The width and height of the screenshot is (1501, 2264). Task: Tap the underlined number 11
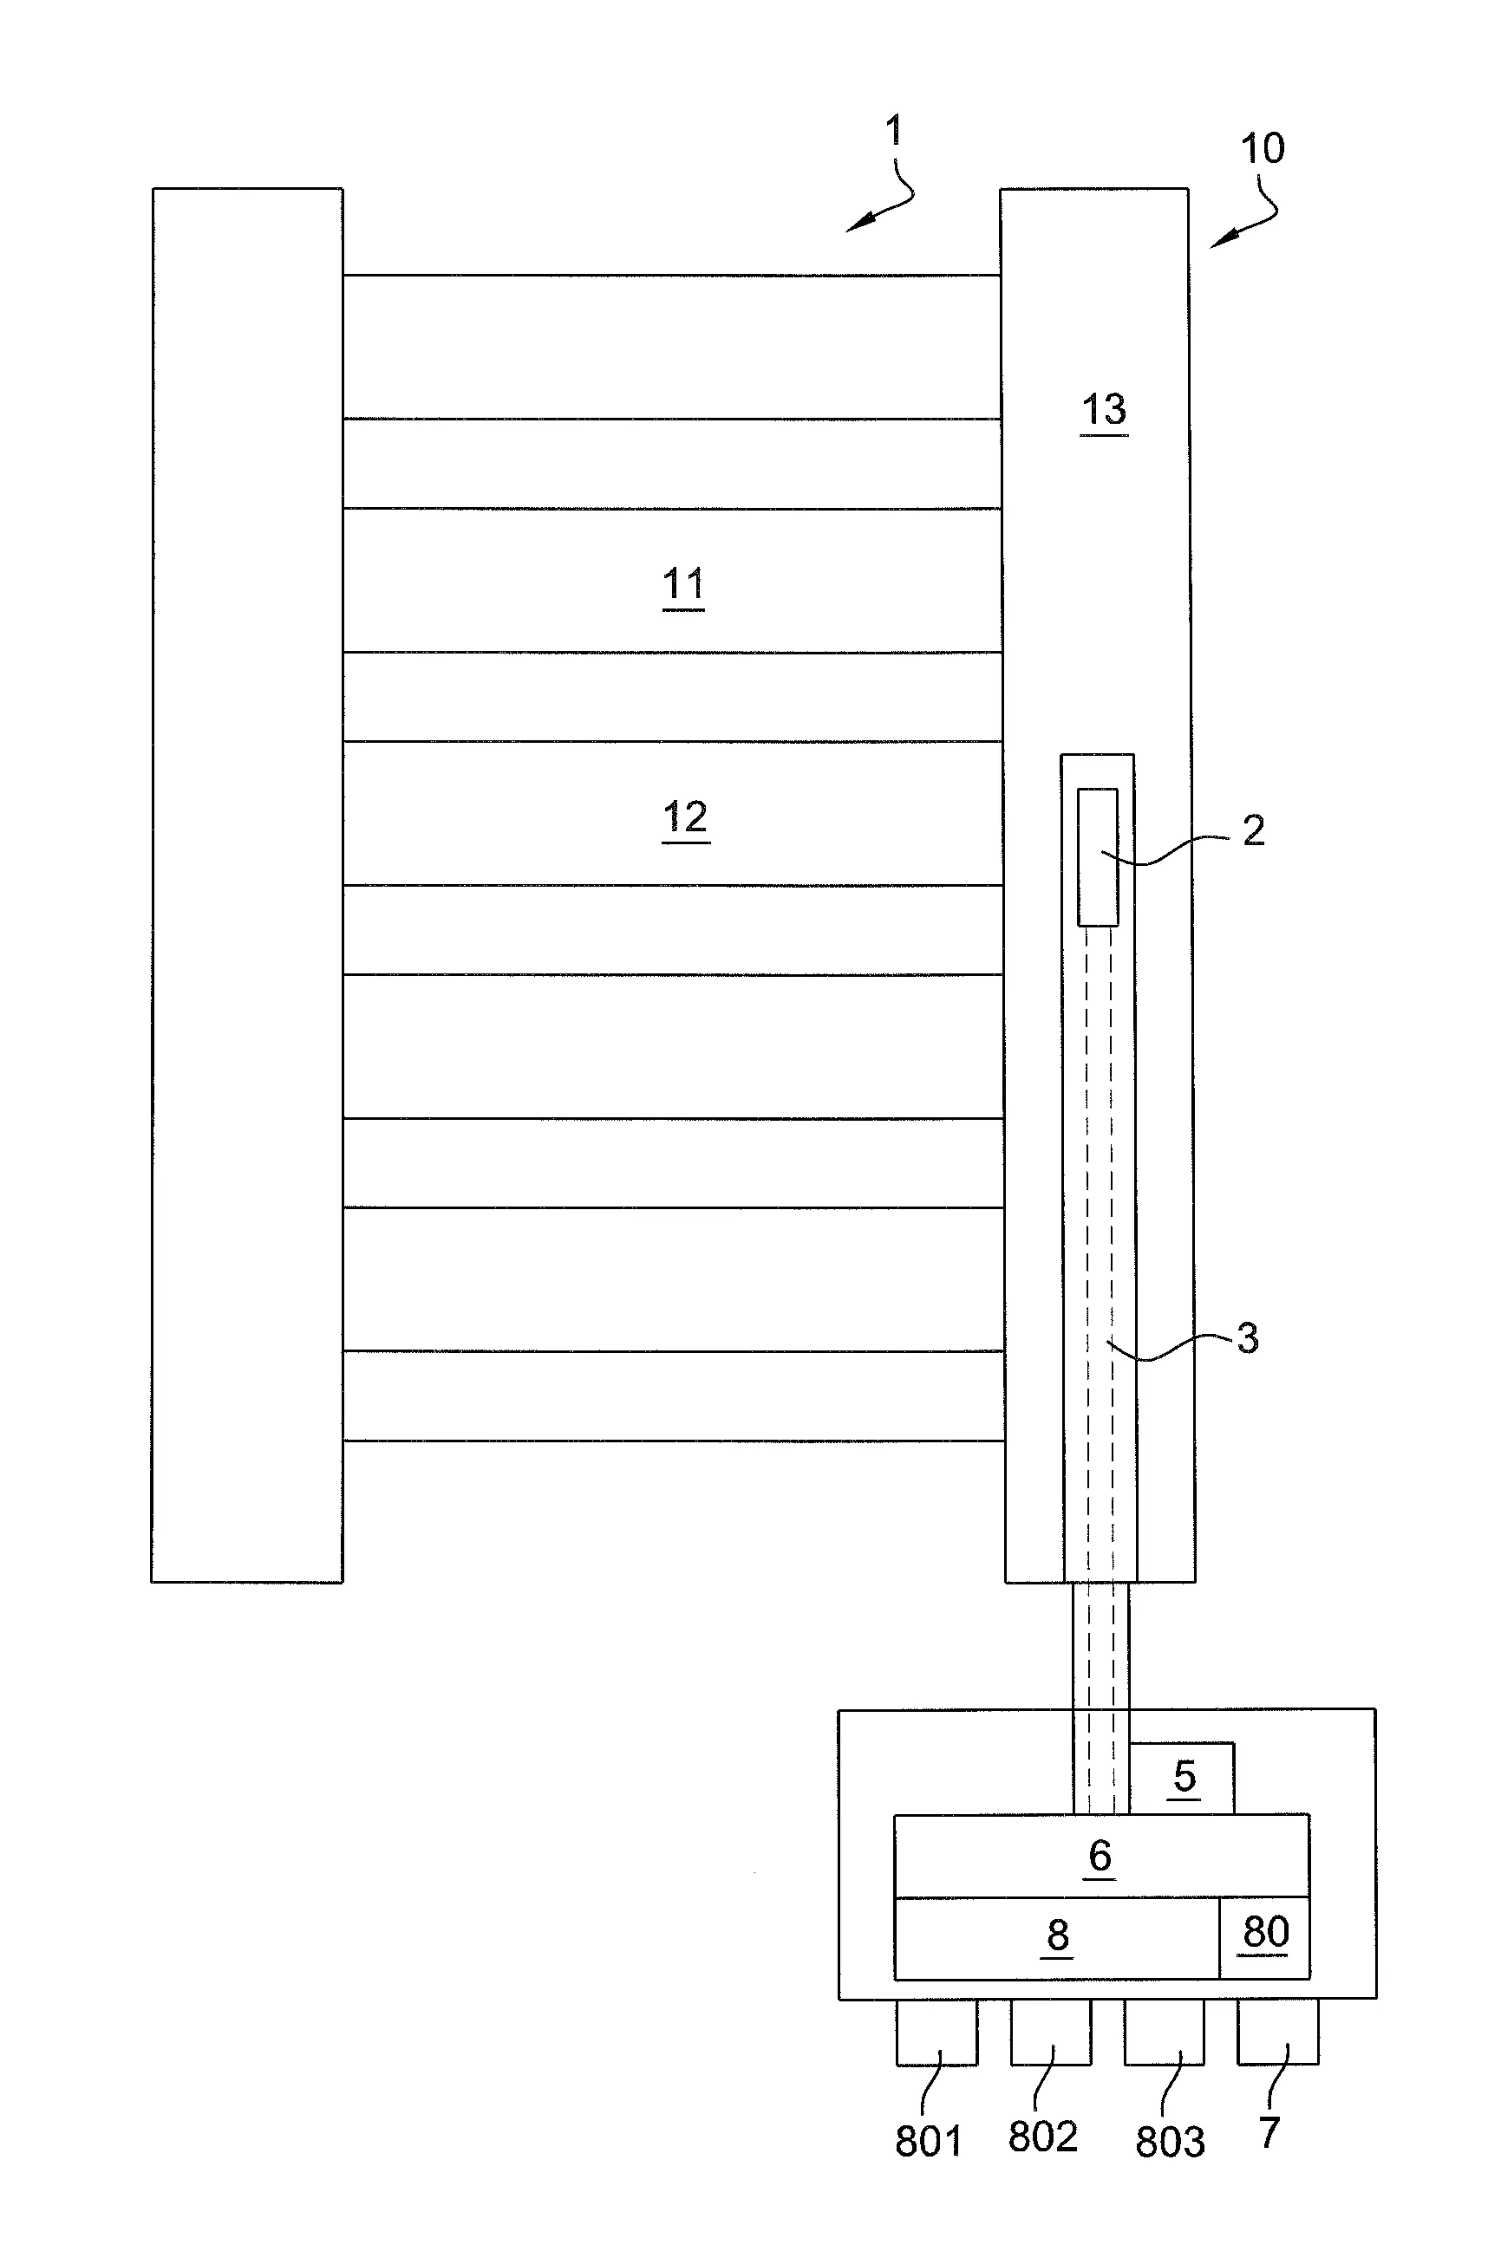point(683,582)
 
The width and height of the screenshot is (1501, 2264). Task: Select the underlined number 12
point(685,817)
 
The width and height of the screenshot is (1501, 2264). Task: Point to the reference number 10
point(1262,149)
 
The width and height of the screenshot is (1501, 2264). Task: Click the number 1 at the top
point(894,131)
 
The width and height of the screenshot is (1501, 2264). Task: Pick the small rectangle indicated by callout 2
point(1097,856)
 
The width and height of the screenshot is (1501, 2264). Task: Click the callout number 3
point(1247,1337)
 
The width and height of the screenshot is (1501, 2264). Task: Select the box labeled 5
point(1183,1778)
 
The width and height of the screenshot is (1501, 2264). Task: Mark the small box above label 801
point(936,2033)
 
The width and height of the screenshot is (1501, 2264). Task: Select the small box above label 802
point(1050,2033)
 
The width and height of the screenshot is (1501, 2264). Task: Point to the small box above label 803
point(1164,2033)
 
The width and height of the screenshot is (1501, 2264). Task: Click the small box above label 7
point(1277,2033)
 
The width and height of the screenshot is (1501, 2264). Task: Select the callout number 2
point(1253,830)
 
